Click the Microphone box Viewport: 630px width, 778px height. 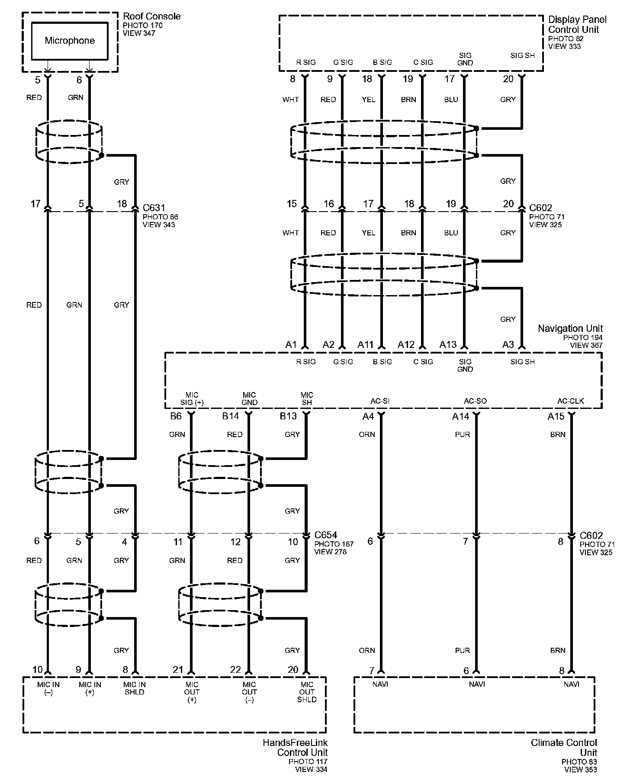pyautogui.click(x=70, y=41)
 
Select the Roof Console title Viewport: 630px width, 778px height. pyautogui.click(x=151, y=16)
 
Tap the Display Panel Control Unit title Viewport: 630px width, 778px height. pyautogui.click(x=577, y=25)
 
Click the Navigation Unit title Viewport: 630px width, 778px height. pyautogui.click(x=570, y=328)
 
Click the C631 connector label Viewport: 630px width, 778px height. pyautogui.click(x=154, y=208)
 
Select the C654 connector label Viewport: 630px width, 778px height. pyautogui.click(x=325, y=535)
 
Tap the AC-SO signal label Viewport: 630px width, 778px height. pyautogui.click(x=475, y=401)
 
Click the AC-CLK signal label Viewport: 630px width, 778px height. pyautogui.click(x=570, y=401)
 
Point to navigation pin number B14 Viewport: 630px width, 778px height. pyautogui.click(x=231, y=416)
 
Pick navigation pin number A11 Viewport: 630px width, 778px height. pyautogui.click(x=365, y=344)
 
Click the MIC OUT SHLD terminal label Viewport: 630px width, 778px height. pyautogui.click(x=307, y=692)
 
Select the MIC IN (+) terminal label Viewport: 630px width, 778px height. pyautogui.click(x=90, y=688)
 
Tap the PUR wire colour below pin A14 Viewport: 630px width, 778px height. pyautogui.click(x=463, y=434)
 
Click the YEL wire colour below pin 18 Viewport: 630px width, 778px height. pyautogui.click(x=368, y=100)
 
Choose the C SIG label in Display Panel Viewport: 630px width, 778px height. pyautogui.click(x=423, y=62)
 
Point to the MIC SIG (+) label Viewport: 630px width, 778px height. pyautogui.click(x=192, y=399)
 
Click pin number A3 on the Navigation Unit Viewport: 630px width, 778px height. pyautogui.click(x=508, y=344)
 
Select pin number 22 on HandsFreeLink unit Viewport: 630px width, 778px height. pyautogui.click(x=235, y=670)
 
